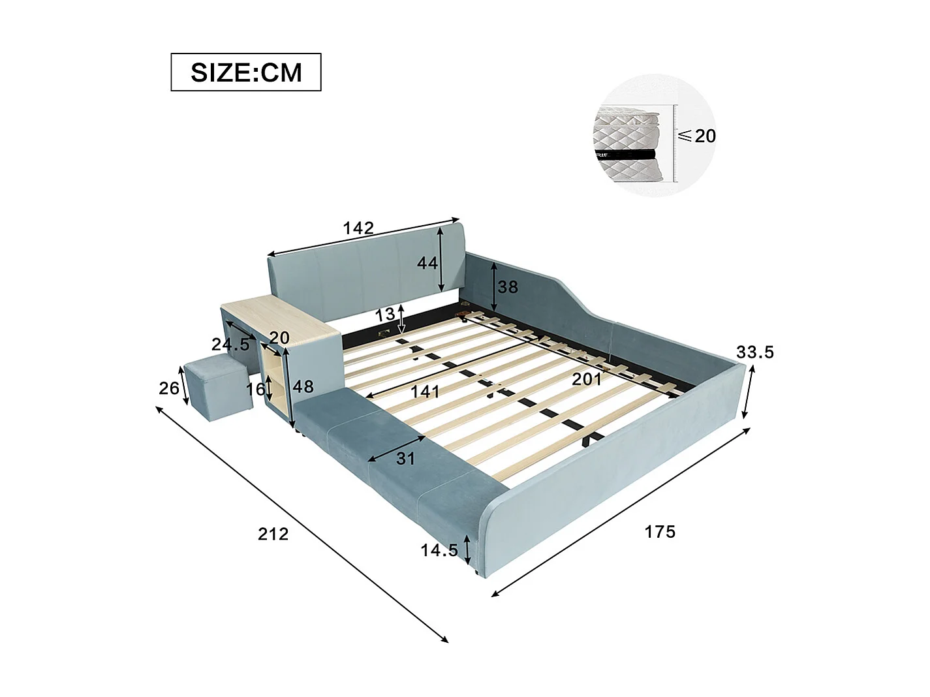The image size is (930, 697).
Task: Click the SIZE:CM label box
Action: click(246, 72)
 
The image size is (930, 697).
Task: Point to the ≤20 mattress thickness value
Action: click(697, 136)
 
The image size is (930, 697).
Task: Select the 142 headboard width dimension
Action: click(358, 228)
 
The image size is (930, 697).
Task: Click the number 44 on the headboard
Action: click(427, 263)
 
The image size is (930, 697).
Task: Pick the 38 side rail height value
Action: click(508, 287)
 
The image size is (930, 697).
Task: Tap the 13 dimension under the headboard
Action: click(385, 314)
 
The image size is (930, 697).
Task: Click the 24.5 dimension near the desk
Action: click(230, 344)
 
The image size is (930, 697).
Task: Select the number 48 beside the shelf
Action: click(303, 386)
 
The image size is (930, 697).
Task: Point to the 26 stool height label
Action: click(168, 388)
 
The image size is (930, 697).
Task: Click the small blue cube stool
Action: click(217, 392)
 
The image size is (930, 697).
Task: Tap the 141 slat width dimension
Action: click(425, 392)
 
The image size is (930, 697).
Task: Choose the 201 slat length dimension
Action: click(586, 379)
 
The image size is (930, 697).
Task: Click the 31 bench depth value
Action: click(405, 458)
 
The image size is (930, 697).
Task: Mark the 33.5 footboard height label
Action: click(755, 352)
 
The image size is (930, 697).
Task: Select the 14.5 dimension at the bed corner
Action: click(439, 550)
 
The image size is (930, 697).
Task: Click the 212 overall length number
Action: click(273, 534)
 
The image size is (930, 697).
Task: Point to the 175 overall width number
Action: click(660, 531)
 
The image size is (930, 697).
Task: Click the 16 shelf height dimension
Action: click(255, 389)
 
